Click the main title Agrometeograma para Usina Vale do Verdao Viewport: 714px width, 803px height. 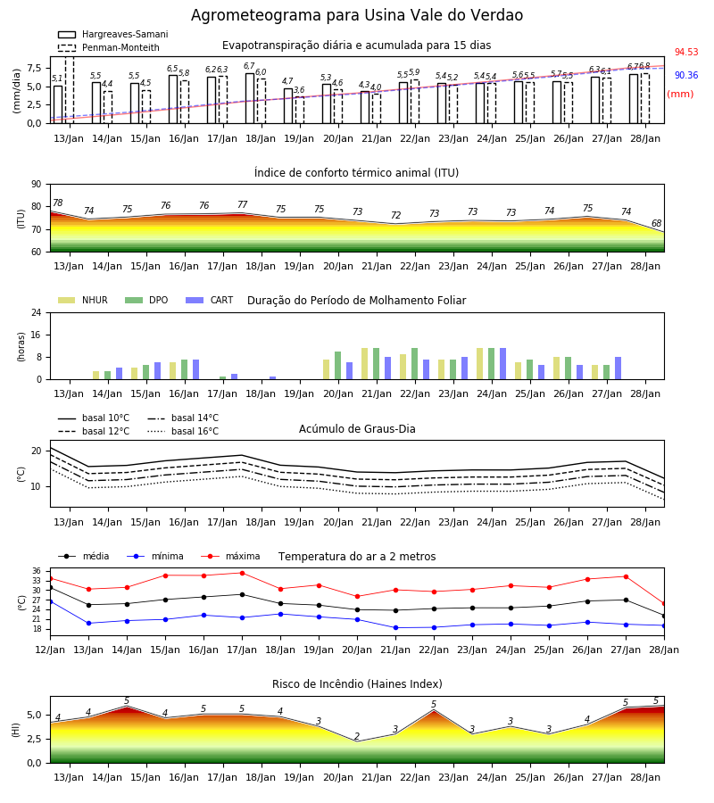click(x=357, y=15)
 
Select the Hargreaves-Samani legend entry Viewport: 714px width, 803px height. click(x=113, y=34)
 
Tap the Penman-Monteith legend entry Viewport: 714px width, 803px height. click(x=109, y=47)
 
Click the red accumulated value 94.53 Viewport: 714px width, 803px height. click(x=686, y=52)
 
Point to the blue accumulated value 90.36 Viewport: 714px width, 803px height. click(x=686, y=75)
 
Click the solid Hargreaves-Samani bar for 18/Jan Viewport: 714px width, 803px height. click(x=249, y=98)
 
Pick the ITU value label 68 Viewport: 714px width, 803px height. click(x=656, y=223)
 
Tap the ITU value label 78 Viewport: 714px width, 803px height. click(x=58, y=203)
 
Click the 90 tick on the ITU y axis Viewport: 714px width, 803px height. click(x=37, y=185)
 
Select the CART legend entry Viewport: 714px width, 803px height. click(x=210, y=300)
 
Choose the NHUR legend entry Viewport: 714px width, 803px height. click(x=83, y=300)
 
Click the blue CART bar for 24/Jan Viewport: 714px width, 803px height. click(x=503, y=364)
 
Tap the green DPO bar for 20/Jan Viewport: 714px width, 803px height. click(x=337, y=366)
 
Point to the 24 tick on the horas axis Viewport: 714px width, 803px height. click(x=37, y=312)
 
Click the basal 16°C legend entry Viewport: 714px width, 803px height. click(x=183, y=432)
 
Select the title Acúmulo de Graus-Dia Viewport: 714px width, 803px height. click(x=357, y=429)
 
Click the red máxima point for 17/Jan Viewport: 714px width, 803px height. click(x=242, y=573)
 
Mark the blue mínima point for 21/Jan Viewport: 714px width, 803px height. click(x=396, y=627)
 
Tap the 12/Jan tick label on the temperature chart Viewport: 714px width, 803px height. click(x=50, y=650)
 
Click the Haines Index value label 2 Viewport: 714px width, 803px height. click(x=357, y=736)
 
